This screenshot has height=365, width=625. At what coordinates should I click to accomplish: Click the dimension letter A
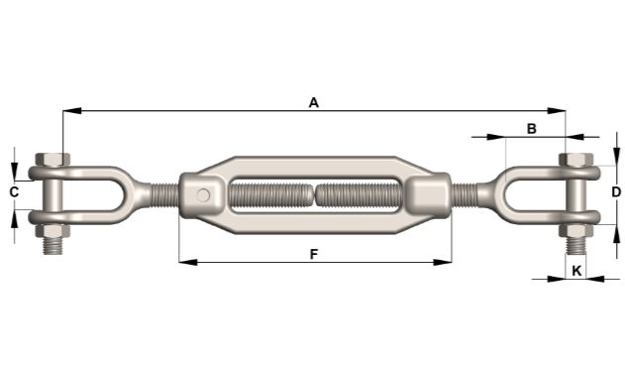click(314, 101)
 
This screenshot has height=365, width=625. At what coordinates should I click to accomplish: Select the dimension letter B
click(531, 128)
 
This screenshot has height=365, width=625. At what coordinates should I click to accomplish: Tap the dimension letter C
click(14, 191)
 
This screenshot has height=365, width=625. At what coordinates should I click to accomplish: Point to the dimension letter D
click(615, 191)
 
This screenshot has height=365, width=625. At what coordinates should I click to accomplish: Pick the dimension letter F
click(314, 254)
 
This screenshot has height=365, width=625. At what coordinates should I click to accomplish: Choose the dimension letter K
click(575, 269)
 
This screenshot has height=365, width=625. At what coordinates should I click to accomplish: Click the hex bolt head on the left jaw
click(52, 160)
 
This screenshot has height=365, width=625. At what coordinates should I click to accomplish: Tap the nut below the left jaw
click(52, 233)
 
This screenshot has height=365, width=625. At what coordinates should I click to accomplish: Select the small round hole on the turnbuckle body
click(203, 194)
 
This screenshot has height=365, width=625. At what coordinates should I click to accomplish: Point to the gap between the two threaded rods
click(315, 193)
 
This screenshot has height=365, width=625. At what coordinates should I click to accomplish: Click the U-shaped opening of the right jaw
click(525, 193)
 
